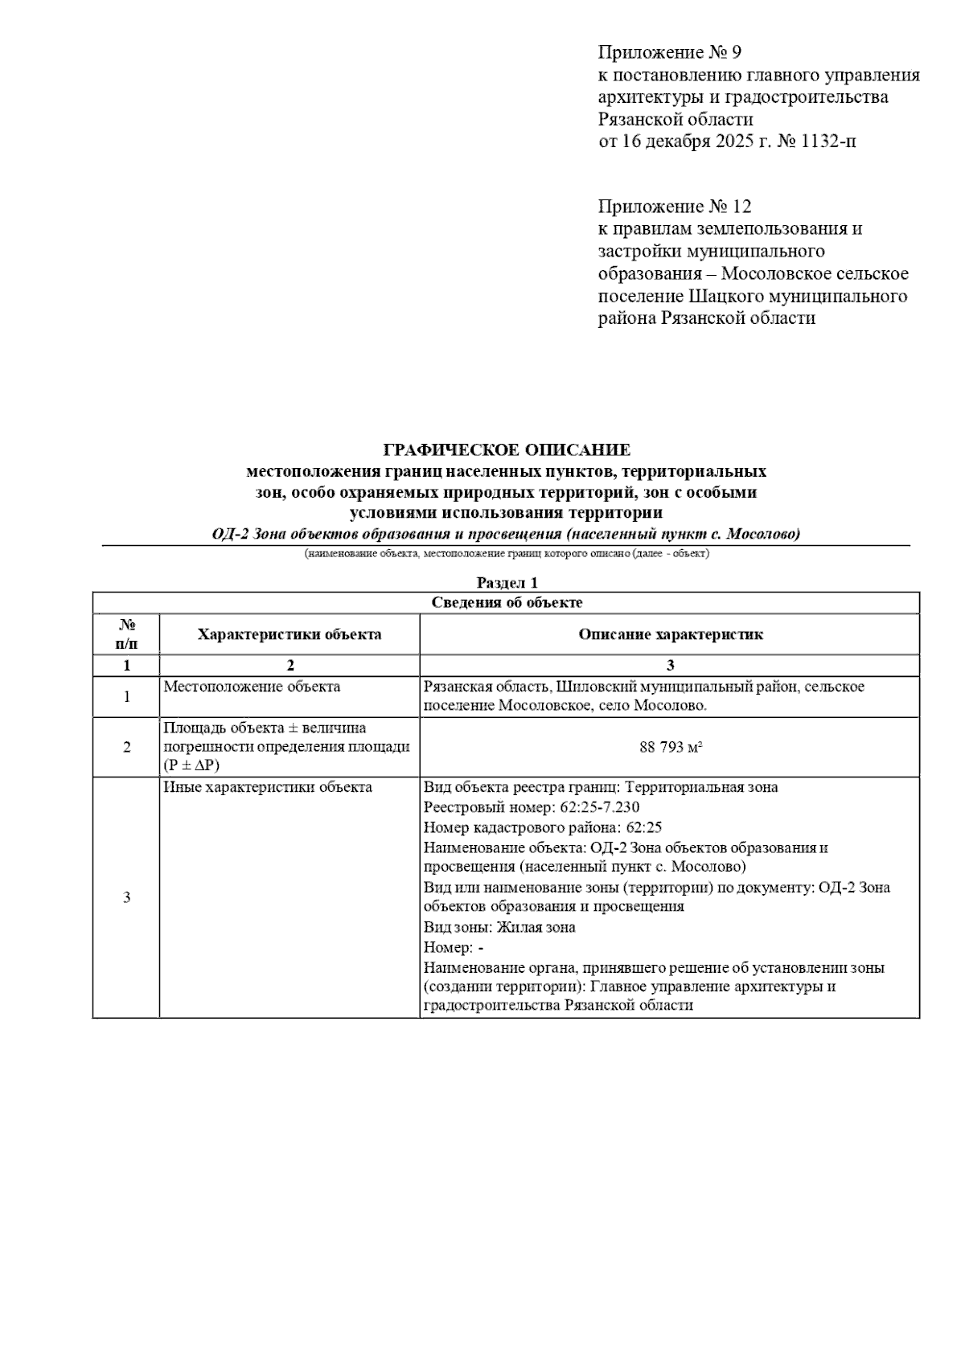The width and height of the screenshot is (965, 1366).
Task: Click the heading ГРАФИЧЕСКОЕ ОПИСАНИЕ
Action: (x=507, y=449)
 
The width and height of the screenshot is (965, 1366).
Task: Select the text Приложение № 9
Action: (x=669, y=53)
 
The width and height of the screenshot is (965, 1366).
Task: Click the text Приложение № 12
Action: (x=674, y=207)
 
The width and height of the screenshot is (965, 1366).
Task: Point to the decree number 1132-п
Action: (x=821, y=142)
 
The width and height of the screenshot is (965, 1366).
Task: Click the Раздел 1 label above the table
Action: (x=507, y=583)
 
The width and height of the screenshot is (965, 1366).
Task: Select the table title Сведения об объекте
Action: (x=507, y=602)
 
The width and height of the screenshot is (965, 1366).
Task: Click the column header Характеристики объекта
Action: (x=289, y=634)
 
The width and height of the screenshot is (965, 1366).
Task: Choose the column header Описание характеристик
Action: (x=670, y=634)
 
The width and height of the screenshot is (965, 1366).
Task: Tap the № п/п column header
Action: (x=126, y=634)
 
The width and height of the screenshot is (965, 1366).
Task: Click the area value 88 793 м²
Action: (x=671, y=747)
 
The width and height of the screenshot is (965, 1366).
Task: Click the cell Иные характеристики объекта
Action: (x=268, y=787)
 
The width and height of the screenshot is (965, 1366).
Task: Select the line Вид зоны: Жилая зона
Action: (x=499, y=927)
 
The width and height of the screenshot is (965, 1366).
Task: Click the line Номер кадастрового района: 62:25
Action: (x=543, y=827)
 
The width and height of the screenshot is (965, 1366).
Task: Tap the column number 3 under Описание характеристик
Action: (x=670, y=666)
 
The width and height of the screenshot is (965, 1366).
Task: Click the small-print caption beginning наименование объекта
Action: (x=507, y=554)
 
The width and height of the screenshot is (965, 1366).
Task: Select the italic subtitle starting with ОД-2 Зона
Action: (x=507, y=535)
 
